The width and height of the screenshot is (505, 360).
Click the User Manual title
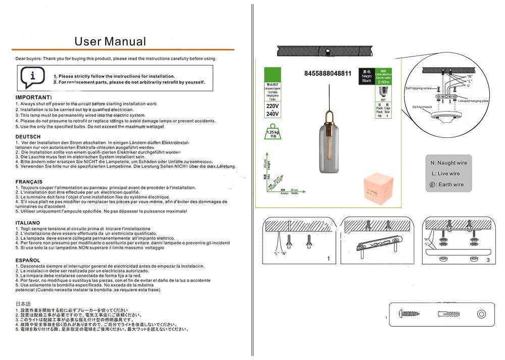pyautogui.click(x=110, y=41)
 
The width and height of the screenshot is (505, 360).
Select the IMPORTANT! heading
pyautogui.click(x=34, y=96)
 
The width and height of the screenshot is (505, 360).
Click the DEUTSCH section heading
pyautogui.click(x=28, y=137)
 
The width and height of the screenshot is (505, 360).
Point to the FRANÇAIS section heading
pyautogui.click(x=29, y=181)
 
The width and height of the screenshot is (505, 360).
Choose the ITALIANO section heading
pyautogui.click(x=28, y=223)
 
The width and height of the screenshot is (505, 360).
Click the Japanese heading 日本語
pyautogui.click(x=24, y=304)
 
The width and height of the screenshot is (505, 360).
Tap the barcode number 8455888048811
pyautogui.click(x=328, y=74)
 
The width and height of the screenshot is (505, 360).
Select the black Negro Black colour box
pyautogui.click(x=367, y=76)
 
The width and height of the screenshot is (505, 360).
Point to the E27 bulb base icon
pyautogui.click(x=383, y=91)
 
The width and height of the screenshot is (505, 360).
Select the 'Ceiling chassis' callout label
pyautogui.click(x=422, y=107)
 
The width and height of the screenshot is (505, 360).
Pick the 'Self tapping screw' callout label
pyautogui.click(x=419, y=88)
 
